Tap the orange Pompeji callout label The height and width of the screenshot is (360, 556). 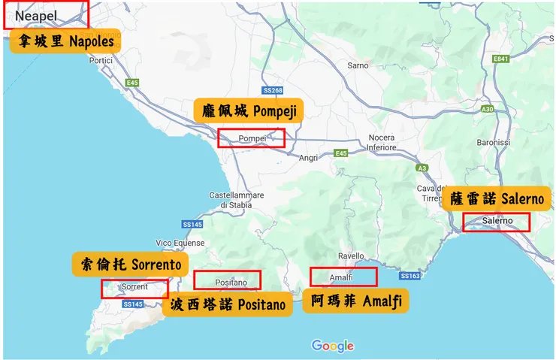249,111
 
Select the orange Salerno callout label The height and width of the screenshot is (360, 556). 497,200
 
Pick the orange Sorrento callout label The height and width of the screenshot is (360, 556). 129,265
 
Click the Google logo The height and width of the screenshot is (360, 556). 332,346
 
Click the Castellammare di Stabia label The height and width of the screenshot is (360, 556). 236,200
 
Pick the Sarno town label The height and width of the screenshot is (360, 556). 358,65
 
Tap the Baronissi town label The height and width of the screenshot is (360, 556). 493,142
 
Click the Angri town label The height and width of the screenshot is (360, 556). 309,158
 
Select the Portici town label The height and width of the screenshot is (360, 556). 100,60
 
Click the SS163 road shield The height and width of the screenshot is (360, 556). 409,276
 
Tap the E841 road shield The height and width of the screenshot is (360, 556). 500,59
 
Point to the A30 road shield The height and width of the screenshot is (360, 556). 488,110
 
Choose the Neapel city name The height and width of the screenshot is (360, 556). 35,16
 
